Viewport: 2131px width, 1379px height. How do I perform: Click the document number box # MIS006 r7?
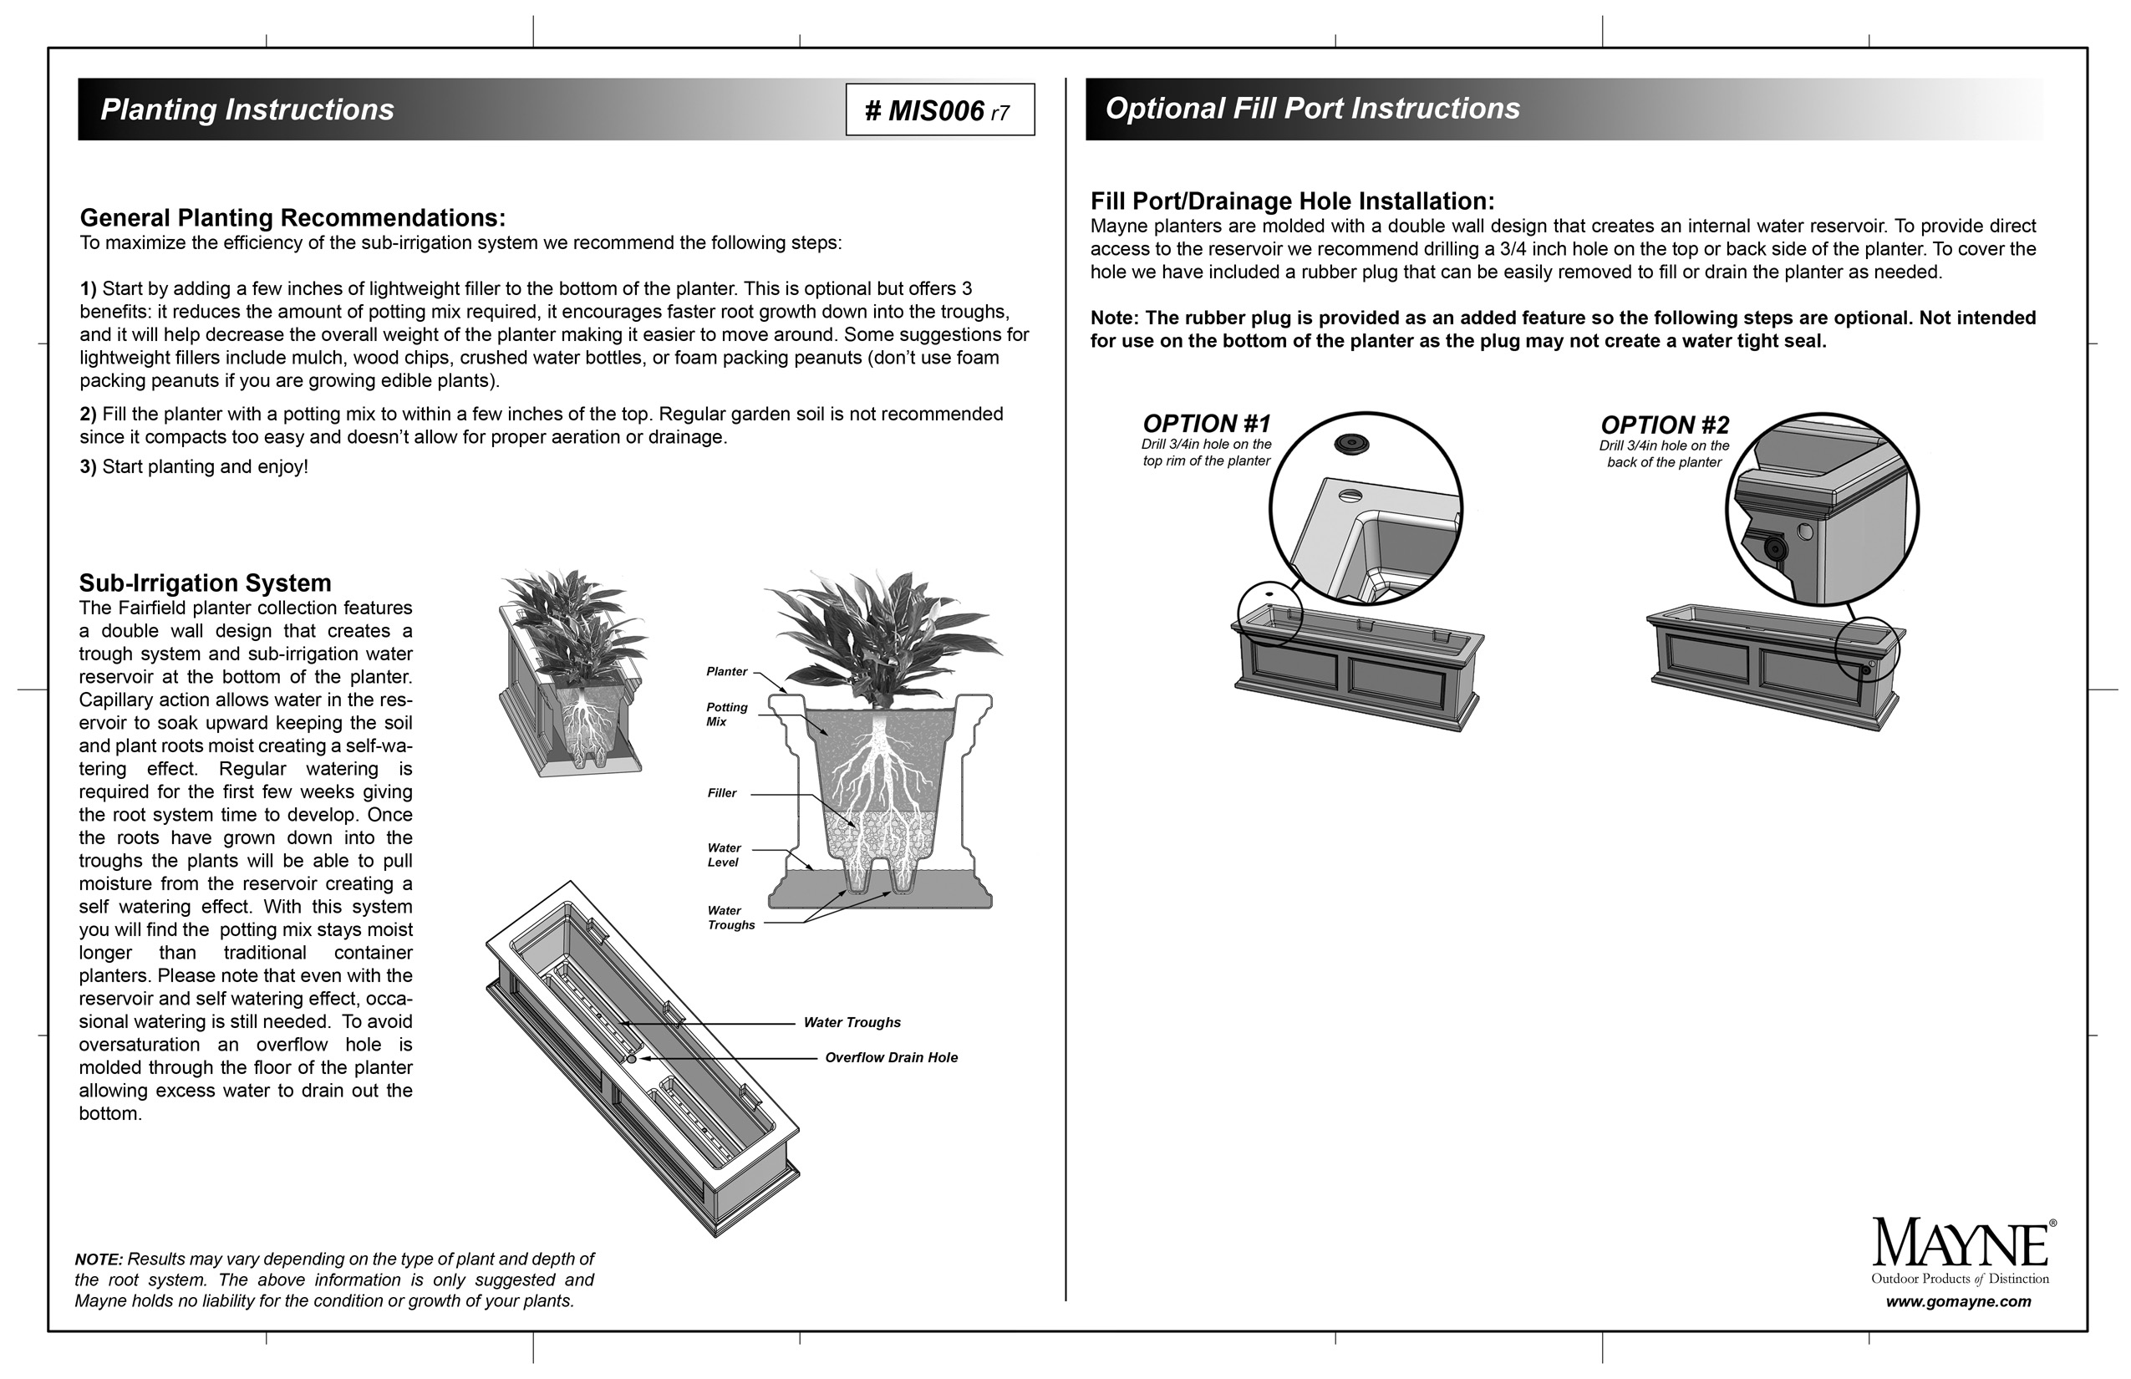tap(939, 110)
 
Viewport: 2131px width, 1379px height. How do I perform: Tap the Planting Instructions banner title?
tap(247, 109)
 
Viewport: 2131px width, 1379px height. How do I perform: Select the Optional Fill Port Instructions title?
tap(1312, 109)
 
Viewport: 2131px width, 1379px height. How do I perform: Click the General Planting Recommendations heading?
tap(292, 217)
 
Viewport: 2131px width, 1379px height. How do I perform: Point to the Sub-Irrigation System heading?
tap(205, 583)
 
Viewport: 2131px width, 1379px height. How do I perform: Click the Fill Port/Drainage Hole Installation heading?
tap(1292, 201)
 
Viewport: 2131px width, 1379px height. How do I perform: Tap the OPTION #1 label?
tap(1206, 424)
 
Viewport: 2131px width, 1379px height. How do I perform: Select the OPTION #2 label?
tap(1665, 425)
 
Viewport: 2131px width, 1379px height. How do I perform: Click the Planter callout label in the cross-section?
tap(726, 672)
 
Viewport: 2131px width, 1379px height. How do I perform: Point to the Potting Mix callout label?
tap(726, 714)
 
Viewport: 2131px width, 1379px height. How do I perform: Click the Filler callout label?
tap(722, 793)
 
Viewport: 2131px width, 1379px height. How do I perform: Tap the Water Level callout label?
tap(724, 855)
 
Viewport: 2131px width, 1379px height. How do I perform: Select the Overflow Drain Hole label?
tap(891, 1057)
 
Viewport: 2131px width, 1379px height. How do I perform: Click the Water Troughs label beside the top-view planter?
tap(852, 1023)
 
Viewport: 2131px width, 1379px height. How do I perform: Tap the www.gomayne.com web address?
tap(1958, 1302)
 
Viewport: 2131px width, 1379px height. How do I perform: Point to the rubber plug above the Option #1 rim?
tap(1351, 443)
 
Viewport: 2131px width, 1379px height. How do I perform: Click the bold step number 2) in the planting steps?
tap(88, 415)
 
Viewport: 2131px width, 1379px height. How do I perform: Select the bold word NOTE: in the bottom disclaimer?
tap(99, 1259)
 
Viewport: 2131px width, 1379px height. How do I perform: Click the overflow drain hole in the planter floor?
tap(631, 1058)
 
